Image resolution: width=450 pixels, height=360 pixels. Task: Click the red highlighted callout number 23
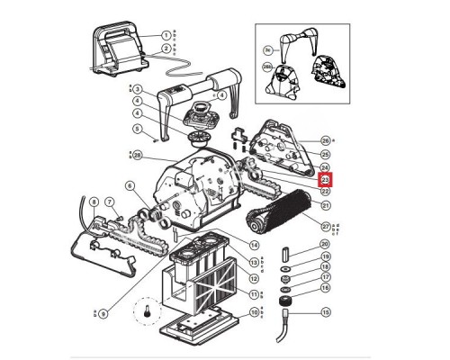click(x=326, y=179)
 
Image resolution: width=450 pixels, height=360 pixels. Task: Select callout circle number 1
click(x=166, y=34)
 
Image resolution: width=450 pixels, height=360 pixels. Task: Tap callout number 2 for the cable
click(x=166, y=49)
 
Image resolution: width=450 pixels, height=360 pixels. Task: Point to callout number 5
click(x=137, y=129)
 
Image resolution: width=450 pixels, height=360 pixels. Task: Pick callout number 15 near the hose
click(x=326, y=312)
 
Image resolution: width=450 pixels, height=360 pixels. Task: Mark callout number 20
click(x=326, y=244)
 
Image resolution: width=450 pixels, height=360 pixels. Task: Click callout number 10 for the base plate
click(x=255, y=311)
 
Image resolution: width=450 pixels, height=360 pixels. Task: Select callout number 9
click(x=102, y=313)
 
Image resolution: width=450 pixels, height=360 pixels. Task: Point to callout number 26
click(x=326, y=140)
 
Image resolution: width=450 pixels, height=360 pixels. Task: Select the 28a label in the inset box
click(x=267, y=67)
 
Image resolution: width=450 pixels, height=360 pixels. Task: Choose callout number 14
click(x=255, y=245)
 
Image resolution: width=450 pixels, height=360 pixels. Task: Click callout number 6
click(x=130, y=185)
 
